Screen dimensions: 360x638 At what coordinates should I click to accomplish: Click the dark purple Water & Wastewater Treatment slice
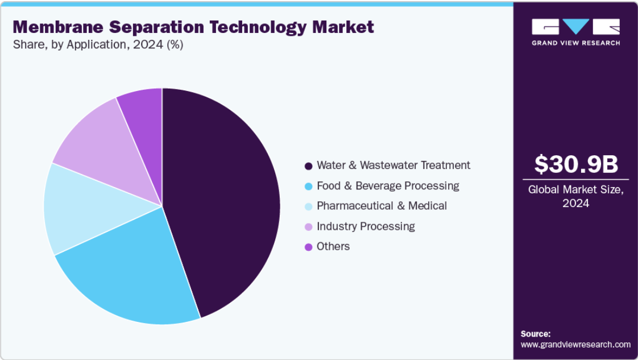pos(222,199)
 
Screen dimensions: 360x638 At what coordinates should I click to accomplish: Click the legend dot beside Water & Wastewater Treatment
pos(308,166)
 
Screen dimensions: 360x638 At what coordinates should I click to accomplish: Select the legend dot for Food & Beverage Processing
pos(308,187)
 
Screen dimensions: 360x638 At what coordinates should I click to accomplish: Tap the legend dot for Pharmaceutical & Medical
pos(308,206)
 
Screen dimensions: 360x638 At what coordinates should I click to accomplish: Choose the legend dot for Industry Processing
pos(308,227)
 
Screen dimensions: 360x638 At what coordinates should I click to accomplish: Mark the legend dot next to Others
pos(308,247)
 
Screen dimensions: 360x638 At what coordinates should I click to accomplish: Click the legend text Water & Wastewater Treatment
pos(393,165)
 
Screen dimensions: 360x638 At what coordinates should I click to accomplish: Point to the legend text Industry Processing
pos(366,226)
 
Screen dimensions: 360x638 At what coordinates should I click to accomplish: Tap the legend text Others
pos(333,246)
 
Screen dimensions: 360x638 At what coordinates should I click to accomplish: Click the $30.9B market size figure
pos(575,165)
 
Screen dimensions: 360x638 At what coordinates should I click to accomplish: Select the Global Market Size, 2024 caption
pos(575,196)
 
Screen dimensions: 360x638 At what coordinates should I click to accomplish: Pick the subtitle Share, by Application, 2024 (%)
pos(98,45)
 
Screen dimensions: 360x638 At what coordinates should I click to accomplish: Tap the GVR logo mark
pos(575,27)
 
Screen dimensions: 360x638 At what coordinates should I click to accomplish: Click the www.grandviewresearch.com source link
pos(575,345)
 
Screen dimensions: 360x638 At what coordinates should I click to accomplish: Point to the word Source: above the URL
pos(535,334)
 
